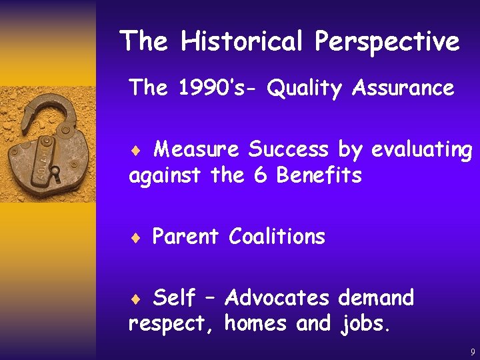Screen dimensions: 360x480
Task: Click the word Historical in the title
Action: click(243, 41)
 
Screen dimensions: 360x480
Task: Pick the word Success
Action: click(290, 149)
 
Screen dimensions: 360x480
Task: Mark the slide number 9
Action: click(472, 351)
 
